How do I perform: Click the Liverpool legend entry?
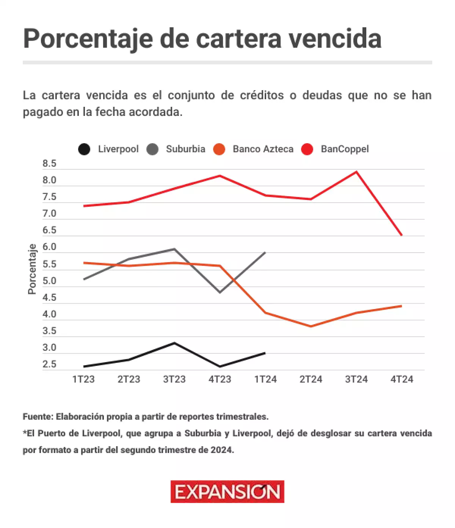[108, 149]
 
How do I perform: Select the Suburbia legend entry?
[176, 149]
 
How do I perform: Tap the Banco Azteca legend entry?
[254, 149]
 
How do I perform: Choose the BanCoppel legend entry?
[335, 149]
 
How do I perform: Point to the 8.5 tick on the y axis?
[49, 164]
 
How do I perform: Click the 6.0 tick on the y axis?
[49, 247]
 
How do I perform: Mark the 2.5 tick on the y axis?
[49, 364]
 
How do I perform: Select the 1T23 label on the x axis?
[83, 379]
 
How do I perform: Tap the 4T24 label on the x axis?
[402, 379]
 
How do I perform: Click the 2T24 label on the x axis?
[311, 379]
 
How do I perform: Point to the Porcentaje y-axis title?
[32, 269]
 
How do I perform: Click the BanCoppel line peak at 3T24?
[356, 172]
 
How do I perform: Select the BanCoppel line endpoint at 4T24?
[402, 235]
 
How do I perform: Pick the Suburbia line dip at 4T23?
[220, 292]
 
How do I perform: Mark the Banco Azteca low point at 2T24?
[311, 326]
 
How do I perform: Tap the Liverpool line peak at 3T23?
[174, 343]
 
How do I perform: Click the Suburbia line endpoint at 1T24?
[265, 252]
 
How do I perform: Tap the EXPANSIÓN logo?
[227, 492]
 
